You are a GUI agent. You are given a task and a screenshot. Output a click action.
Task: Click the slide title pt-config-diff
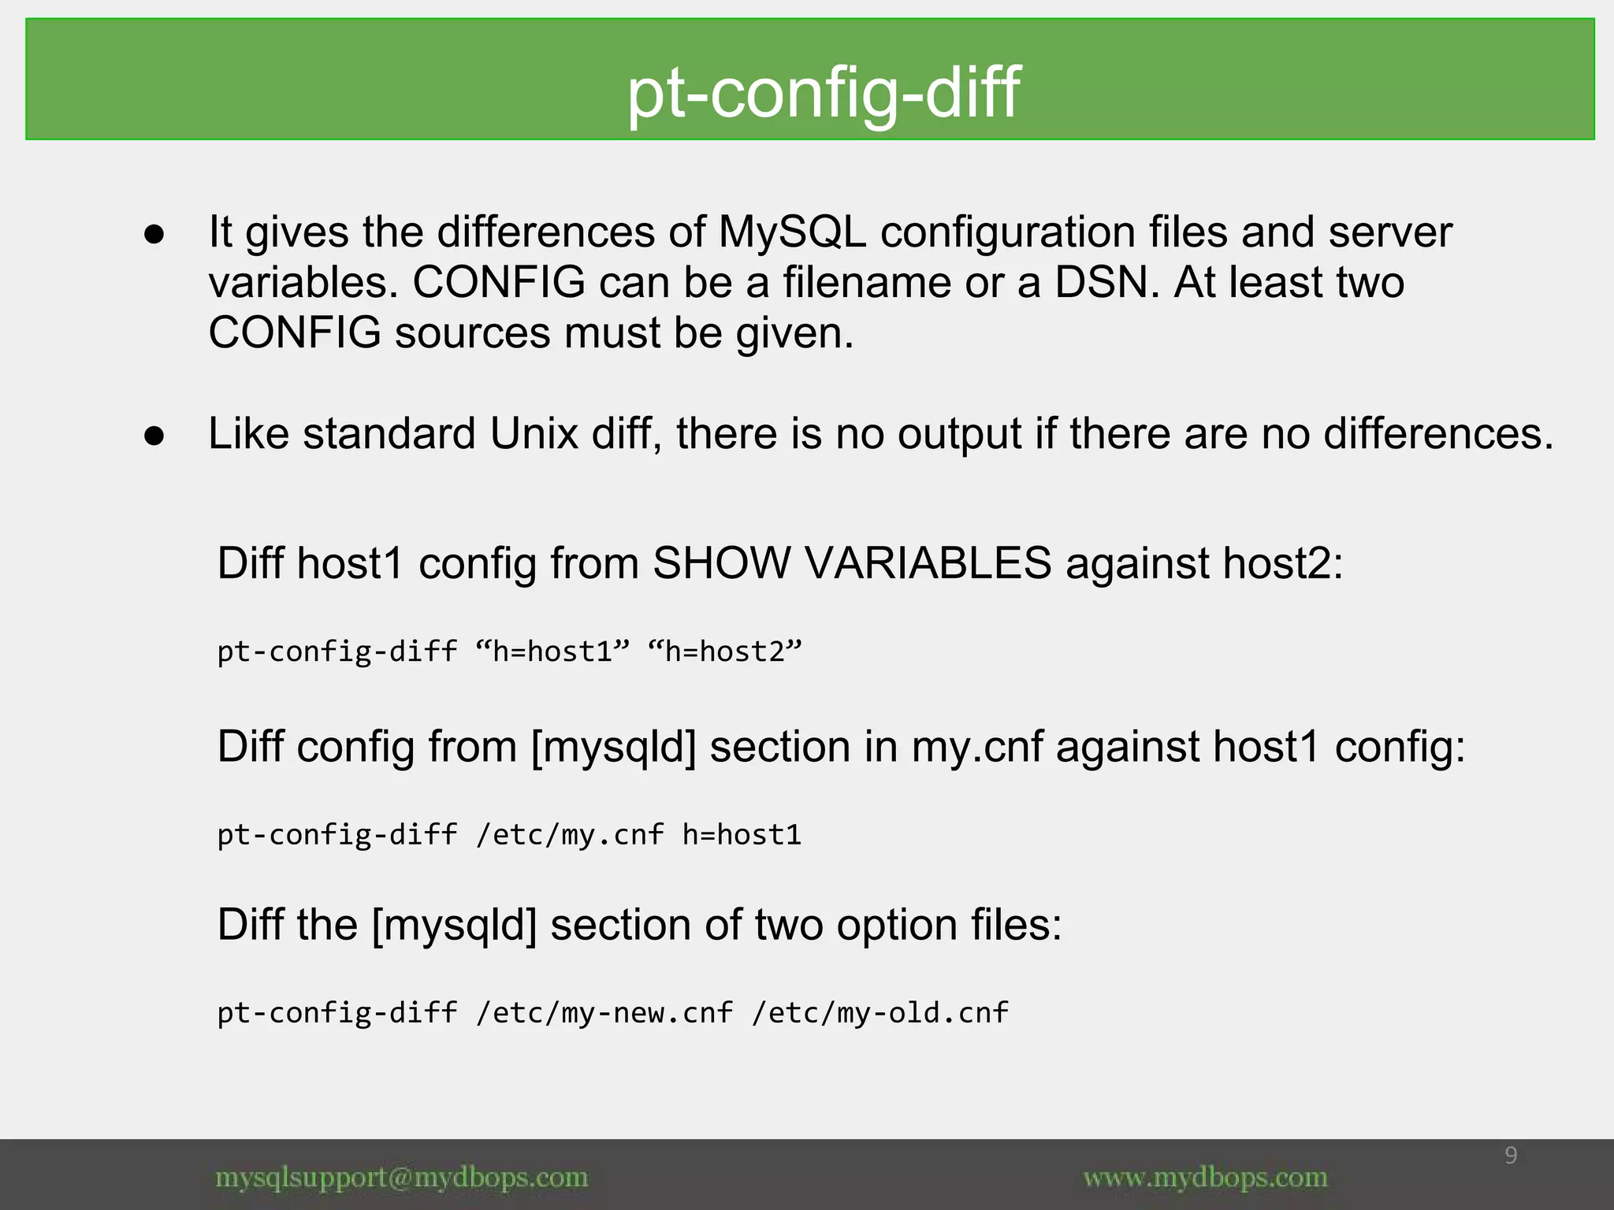click(x=823, y=92)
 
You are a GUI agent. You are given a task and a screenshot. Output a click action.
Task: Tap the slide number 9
click(x=1511, y=1156)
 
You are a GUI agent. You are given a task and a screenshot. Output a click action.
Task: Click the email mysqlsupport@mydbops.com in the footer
click(x=401, y=1178)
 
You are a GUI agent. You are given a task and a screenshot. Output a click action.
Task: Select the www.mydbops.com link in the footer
click(x=1205, y=1178)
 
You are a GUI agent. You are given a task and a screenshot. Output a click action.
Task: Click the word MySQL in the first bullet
click(x=791, y=232)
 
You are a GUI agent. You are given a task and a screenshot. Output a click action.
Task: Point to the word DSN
click(x=1107, y=283)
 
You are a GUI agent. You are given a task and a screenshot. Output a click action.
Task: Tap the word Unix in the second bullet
click(x=534, y=434)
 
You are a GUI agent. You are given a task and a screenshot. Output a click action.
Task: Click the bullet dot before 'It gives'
click(x=154, y=235)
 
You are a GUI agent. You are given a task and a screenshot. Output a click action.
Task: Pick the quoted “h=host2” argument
click(x=723, y=652)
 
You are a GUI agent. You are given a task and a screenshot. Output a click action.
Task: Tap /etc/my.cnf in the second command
click(x=570, y=835)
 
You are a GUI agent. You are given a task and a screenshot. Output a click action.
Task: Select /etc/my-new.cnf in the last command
click(x=604, y=1013)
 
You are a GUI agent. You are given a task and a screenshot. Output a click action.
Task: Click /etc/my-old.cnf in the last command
click(x=880, y=1013)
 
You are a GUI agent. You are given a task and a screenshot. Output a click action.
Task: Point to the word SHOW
click(x=721, y=563)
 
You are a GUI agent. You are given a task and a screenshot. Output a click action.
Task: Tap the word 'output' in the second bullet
click(x=959, y=436)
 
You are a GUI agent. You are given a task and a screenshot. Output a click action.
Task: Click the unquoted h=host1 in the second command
click(x=742, y=835)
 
